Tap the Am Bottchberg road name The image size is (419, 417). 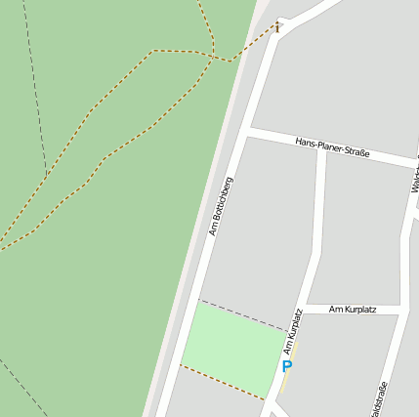pyautogui.click(x=221, y=206)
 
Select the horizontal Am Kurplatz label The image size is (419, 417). pyautogui.click(x=353, y=310)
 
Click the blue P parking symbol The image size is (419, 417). pyautogui.click(x=286, y=367)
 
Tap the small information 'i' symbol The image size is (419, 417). pyautogui.click(x=277, y=27)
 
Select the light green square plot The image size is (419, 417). pyautogui.click(x=234, y=347)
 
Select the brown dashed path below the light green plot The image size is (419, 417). pyautogui.click(x=222, y=382)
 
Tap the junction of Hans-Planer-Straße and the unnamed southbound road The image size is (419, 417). pyautogui.click(x=321, y=148)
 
